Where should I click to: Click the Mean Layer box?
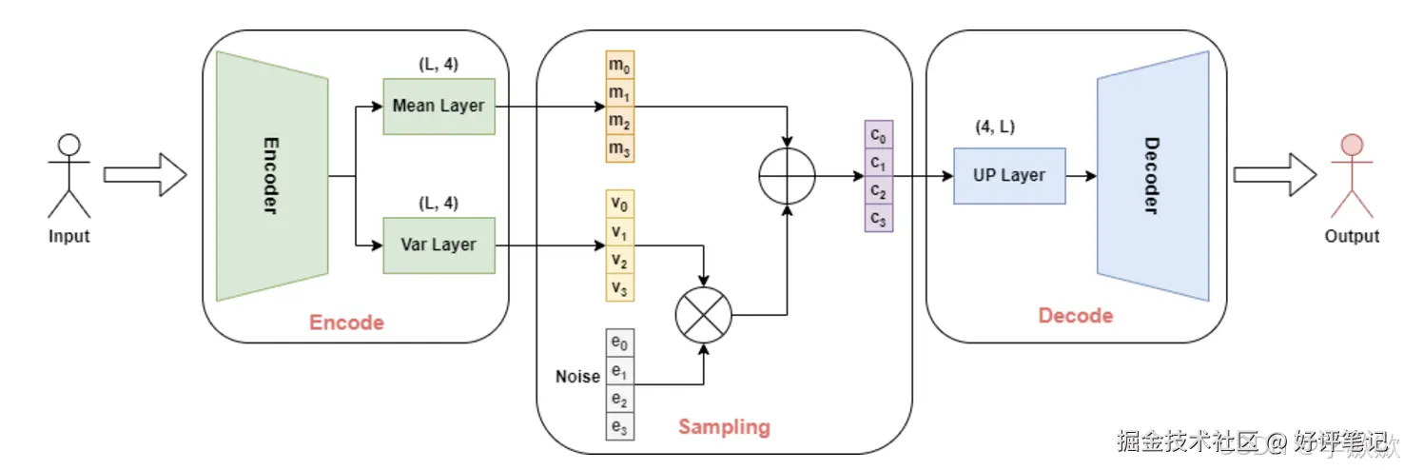(x=439, y=107)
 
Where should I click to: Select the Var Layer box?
(x=439, y=245)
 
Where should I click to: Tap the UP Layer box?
(x=1008, y=176)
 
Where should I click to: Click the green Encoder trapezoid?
(x=272, y=176)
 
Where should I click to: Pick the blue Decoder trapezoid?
(x=1152, y=176)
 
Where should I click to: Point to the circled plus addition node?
(x=787, y=176)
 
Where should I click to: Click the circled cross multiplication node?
(x=703, y=314)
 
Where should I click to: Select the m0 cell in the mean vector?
(x=619, y=66)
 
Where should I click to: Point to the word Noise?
(x=577, y=377)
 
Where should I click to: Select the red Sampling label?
(x=723, y=426)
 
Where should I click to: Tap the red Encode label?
(x=346, y=323)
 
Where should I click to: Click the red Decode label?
(x=1075, y=316)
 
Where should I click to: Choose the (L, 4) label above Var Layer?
(x=439, y=204)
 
